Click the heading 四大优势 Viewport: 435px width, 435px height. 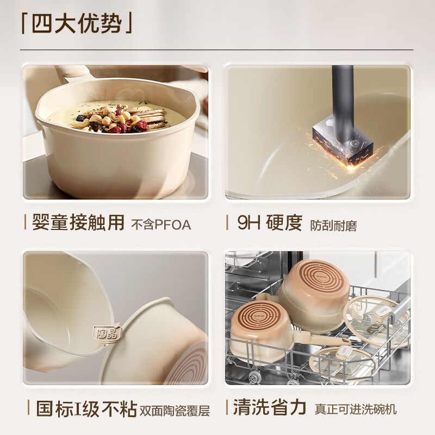[x=77, y=23]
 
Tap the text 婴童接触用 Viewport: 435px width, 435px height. [x=78, y=222]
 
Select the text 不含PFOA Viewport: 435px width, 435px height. [x=161, y=225]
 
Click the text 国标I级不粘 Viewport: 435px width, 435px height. [x=86, y=409]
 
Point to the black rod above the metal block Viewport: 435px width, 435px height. [x=343, y=92]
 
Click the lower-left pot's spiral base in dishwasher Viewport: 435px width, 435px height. [x=258, y=320]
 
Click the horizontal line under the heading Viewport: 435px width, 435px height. [x=217, y=50]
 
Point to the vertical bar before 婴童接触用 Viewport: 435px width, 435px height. [x=25, y=222]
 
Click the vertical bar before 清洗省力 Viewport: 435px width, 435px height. [x=227, y=408]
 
